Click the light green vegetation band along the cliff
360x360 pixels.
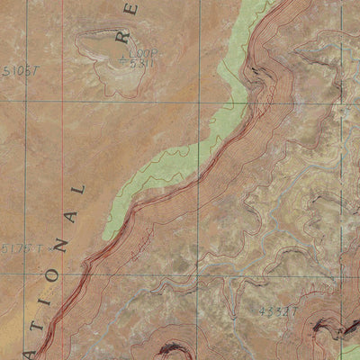(x=171, y=162)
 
